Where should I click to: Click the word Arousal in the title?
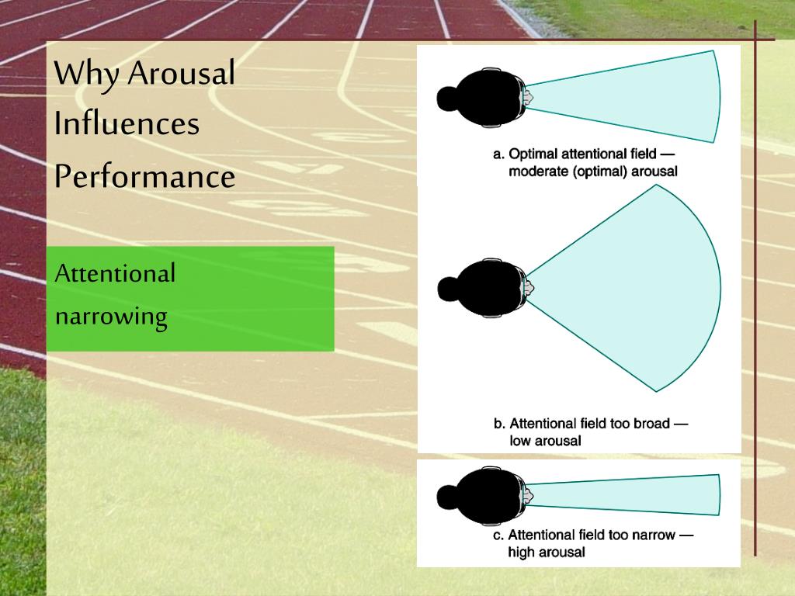(x=181, y=74)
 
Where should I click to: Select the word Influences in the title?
(x=127, y=124)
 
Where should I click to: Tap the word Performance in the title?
(x=144, y=177)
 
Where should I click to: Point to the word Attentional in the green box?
(x=116, y=273)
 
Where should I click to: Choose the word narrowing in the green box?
(x=111, y=317)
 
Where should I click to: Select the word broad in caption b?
(x=650, y=424)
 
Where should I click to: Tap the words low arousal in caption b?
(x=545, y=441)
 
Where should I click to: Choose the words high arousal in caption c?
(x=546, y=552)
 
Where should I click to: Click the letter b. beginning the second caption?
(x=499, y=424)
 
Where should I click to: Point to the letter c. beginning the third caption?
(x=498, y=535)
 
